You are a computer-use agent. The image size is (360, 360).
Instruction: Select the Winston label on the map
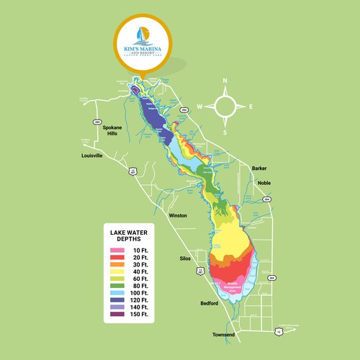click(177, 215)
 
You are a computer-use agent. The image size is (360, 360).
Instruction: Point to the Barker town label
click(259, 168)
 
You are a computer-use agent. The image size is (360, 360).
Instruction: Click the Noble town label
click(264, 183)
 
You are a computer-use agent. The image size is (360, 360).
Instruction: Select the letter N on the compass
click(225, 81)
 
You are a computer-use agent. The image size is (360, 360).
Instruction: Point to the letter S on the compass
click(225, 132)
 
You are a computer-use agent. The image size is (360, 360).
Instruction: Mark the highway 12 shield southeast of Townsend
click(278, 330)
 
